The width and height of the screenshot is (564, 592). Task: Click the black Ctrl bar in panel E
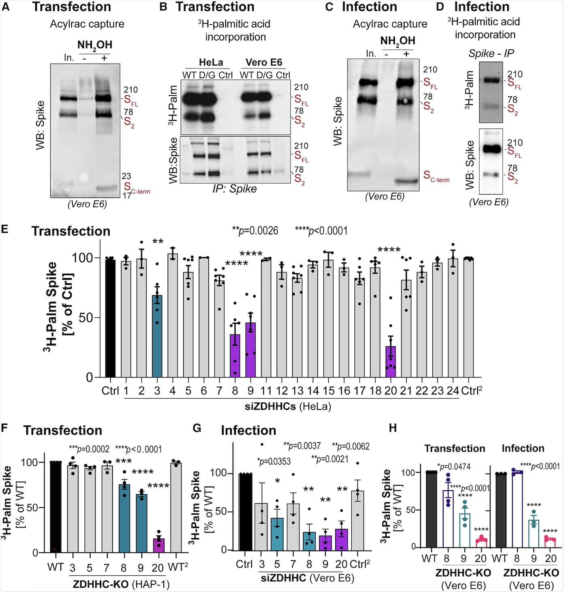110,318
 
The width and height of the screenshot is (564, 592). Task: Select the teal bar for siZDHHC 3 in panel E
157,337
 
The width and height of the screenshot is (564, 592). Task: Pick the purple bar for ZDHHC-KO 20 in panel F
158,545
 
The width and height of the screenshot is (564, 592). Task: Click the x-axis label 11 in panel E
266,391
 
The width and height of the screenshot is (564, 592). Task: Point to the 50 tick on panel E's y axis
86,318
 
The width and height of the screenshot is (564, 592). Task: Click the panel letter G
197,429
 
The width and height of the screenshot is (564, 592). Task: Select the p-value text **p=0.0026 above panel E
255,231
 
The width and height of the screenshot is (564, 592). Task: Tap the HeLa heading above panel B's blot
211,62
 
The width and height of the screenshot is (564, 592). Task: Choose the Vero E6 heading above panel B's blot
264,62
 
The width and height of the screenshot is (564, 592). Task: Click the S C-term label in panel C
436,176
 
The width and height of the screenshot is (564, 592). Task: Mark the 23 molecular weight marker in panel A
126,176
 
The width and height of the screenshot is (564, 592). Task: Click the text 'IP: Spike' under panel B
235,189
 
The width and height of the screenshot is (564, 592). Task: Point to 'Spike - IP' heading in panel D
491,54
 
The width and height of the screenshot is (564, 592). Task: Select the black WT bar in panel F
56,507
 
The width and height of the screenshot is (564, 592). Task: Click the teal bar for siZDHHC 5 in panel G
277,534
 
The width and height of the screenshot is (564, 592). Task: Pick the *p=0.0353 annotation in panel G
274,461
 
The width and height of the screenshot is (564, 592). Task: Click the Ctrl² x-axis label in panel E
472,391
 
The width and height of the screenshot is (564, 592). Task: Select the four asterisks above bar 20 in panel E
389,249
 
